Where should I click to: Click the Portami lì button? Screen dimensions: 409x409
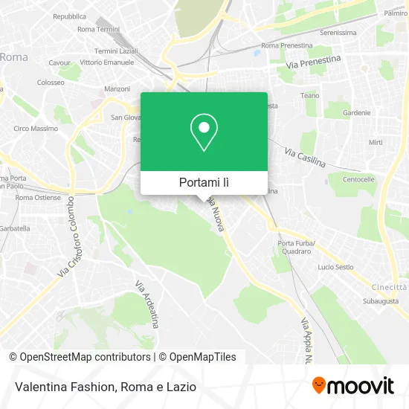(204, 182)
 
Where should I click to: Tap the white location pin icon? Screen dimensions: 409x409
(204, 132)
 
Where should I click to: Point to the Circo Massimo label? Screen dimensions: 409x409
(36, 129)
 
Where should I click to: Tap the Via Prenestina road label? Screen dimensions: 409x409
(313, 62)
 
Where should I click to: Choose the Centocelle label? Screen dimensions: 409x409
(358, 180)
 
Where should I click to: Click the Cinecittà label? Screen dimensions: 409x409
(390, 287)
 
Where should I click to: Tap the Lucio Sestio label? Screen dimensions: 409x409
(335, 267)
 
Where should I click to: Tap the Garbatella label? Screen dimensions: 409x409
(14, 228)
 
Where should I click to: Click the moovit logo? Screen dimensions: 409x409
(352, 385)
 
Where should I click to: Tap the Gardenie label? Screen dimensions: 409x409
(357, 113)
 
